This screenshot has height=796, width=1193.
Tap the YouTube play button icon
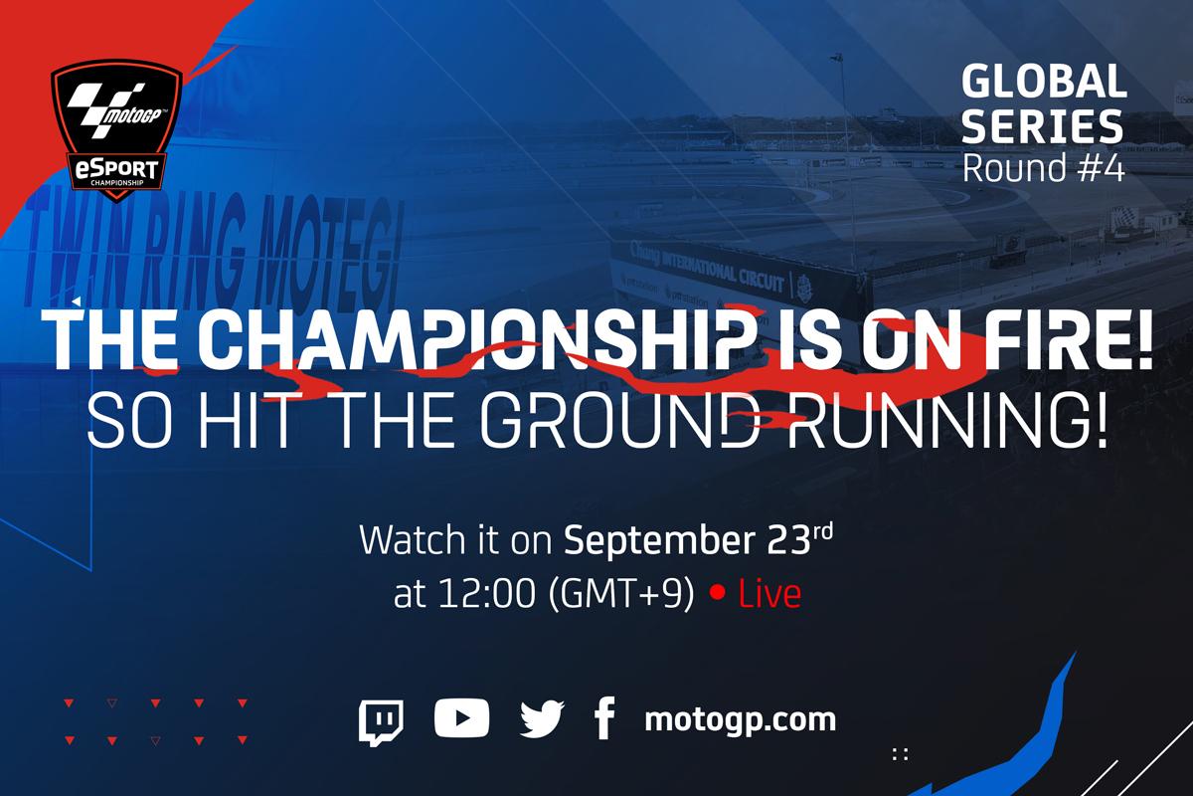tap(461, 718)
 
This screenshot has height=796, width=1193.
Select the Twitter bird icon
tap(542, 719)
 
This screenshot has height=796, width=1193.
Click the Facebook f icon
tap(605, 718)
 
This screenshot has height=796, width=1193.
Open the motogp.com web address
tap(740, 720)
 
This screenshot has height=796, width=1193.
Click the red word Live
tap(769, 594)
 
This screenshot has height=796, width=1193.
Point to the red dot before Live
tap(718, 593)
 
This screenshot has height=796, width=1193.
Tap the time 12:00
tap(486, 594)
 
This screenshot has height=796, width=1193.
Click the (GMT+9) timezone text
tap(621, 594)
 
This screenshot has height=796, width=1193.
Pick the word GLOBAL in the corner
tap(1044, 82)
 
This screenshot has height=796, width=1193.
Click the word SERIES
tap(1042, 126)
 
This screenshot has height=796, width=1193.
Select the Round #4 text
tap(1043, 168)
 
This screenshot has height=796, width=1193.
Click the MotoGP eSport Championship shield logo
tap(116, 129)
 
